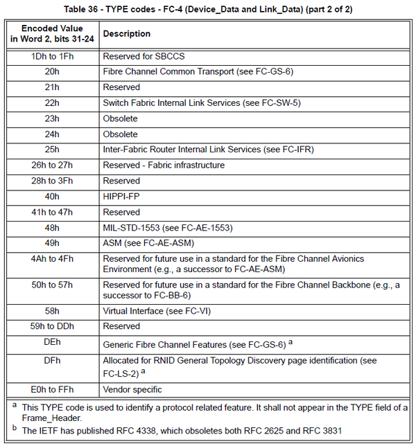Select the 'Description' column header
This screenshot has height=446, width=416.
[x=127, y=34]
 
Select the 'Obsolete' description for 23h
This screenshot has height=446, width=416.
[x=121, y=118]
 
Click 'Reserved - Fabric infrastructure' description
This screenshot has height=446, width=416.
[x=164, y=165]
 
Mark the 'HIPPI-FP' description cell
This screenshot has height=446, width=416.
[x=123, y=197]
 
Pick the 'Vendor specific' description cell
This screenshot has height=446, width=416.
[x=132, y=389]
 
